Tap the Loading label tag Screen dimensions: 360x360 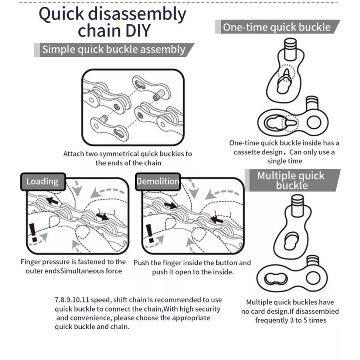tap(42, 181)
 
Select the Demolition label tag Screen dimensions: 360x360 tap(158, 181)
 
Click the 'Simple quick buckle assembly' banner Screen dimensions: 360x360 tap(114, 50)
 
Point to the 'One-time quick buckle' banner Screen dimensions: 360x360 tap(277, 27)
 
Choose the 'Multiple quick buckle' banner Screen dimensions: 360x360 tap(291, 180)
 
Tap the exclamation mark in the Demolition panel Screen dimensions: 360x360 tap(149, 233)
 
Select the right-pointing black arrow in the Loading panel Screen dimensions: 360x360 tap(102, 217)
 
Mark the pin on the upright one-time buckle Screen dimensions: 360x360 tap(290, 47)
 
